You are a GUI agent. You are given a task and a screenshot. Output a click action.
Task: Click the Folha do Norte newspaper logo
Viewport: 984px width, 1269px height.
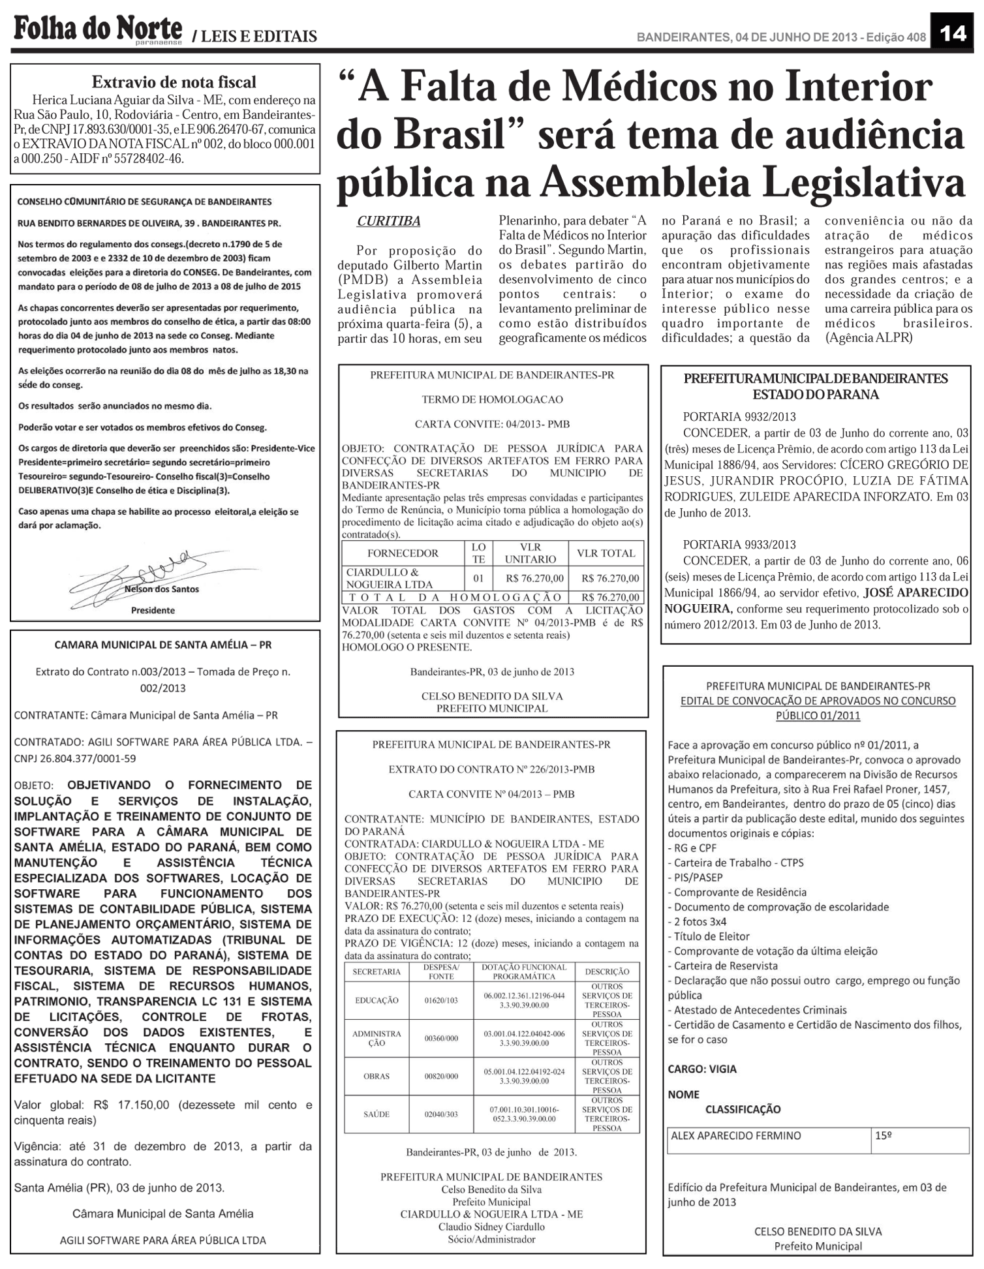[x=98, y=29]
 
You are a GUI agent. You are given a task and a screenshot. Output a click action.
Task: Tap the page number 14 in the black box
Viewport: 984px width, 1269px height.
[x=953, y=33]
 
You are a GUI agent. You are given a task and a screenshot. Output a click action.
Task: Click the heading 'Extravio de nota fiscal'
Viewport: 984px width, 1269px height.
[x=174, y=82]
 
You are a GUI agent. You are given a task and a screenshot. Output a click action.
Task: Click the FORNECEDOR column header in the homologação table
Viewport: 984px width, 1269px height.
[x=403, y=553]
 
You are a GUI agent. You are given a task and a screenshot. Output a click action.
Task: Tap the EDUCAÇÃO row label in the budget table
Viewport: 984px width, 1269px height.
[x=377, y=1000]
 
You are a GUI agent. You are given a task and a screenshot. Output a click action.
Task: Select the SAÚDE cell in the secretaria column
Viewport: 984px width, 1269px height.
[x=377, y=1114]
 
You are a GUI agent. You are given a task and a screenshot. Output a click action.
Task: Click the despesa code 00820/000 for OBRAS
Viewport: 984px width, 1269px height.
[x=441, y=1076]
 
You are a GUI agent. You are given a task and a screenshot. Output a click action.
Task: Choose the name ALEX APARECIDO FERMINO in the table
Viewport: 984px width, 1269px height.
[x=736, y=1135]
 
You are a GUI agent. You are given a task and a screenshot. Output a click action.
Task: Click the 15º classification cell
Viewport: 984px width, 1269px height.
[x=884, y=1135]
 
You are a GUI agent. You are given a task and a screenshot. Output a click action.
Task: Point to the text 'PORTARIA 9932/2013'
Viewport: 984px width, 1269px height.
[x=739, y=417]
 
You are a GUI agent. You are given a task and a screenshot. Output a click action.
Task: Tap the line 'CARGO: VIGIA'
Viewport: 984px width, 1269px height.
[x=702, y=1069]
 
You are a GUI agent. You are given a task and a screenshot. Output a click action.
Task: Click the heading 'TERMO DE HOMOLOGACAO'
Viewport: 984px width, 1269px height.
[x=492, y=399]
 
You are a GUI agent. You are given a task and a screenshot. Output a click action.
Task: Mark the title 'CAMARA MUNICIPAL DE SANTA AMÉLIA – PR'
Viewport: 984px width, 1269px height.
[x=163, y=645]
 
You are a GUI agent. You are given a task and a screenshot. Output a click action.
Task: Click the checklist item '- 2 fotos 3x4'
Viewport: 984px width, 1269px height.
[x=697, y=921]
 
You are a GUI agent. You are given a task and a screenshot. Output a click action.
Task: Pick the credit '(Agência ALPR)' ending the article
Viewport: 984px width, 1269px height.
[x=869, y=338]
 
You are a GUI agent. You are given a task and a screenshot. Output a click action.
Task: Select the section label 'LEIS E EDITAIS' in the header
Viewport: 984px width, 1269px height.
[x=258, y=37]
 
